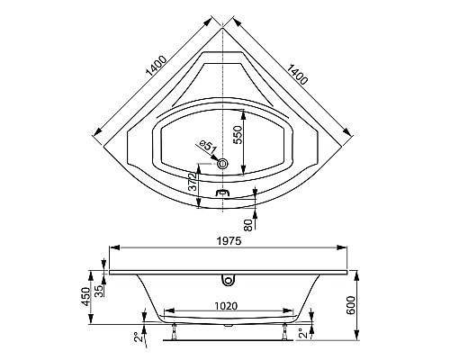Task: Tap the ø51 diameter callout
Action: pyautogui.click(x=206, y=148)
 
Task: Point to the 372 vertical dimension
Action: pyautogui.click(x=191, y=185)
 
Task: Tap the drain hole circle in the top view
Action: pyautogui.click(x=223, y=164)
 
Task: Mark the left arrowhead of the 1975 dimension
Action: pyautogui.click(x=111, y=247)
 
